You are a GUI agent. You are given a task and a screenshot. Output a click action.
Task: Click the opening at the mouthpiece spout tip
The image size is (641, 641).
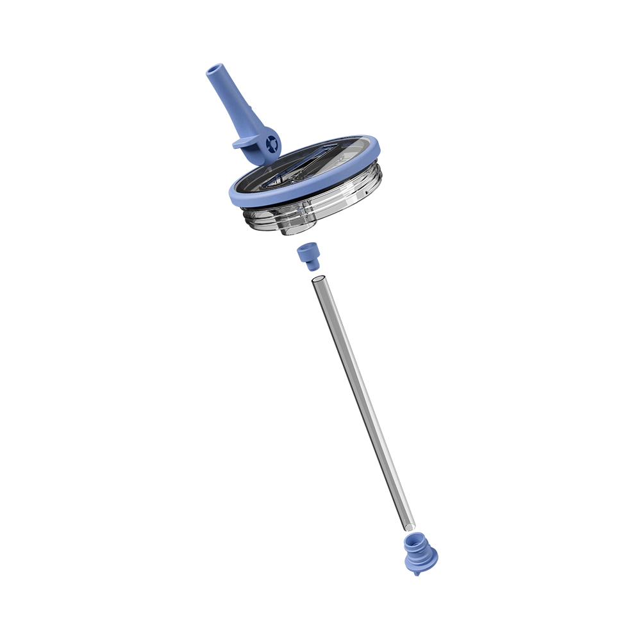(x=215, y=69)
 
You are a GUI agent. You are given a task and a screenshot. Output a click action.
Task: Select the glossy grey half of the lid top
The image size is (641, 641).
(x=340, y=160)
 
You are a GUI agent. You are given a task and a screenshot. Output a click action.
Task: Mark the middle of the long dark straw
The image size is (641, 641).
(x=361, y=401)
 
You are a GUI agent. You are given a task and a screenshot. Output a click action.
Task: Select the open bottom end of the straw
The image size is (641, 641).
(x=408, y=527)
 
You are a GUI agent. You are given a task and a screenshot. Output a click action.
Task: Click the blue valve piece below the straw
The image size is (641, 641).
(x=416, y=553)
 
